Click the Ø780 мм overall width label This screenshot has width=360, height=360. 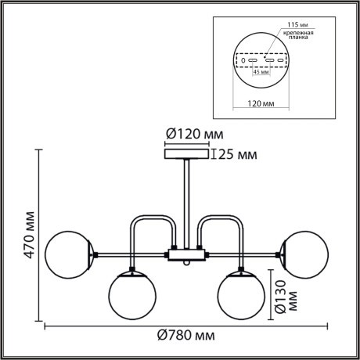click(x=185, y=337)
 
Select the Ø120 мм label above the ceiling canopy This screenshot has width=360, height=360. click(x=190, y=134)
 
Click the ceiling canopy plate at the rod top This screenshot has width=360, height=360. click(x=186, y=154)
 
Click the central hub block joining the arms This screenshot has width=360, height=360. click(x=186, y=254)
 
